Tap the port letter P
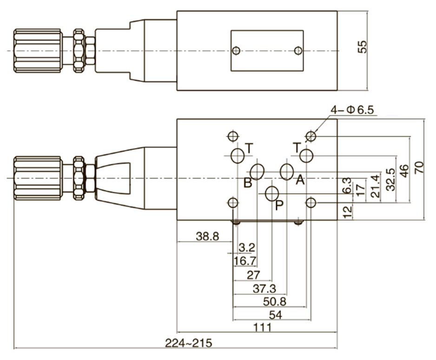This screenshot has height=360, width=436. point(279,205)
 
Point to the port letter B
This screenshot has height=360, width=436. point(248,183)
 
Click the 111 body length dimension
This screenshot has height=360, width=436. point(263,327)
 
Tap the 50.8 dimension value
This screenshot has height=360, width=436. point(274,301)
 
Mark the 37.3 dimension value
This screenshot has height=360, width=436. point(264,288)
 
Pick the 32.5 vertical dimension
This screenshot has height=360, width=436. point(391,179)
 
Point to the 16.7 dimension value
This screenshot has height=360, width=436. point(245,261)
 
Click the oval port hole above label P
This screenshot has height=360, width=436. point(272,193)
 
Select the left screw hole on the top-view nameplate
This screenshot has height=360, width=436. point(236,51)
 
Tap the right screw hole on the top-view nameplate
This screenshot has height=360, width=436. point(298,51)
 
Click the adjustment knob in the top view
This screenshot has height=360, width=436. point(38,51)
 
